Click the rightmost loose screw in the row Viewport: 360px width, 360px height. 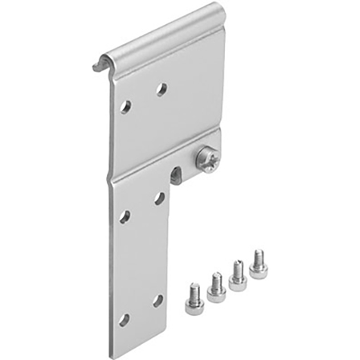coord(258,265)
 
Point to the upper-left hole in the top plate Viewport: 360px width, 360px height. coord(126,107)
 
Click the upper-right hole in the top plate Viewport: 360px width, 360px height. coord(161,89)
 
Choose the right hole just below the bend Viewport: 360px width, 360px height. coord(160,198)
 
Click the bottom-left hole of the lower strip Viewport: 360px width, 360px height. coord(124,320)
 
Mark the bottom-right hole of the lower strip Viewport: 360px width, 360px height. coord(158,301)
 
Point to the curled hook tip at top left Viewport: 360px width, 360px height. coord(97,67)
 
